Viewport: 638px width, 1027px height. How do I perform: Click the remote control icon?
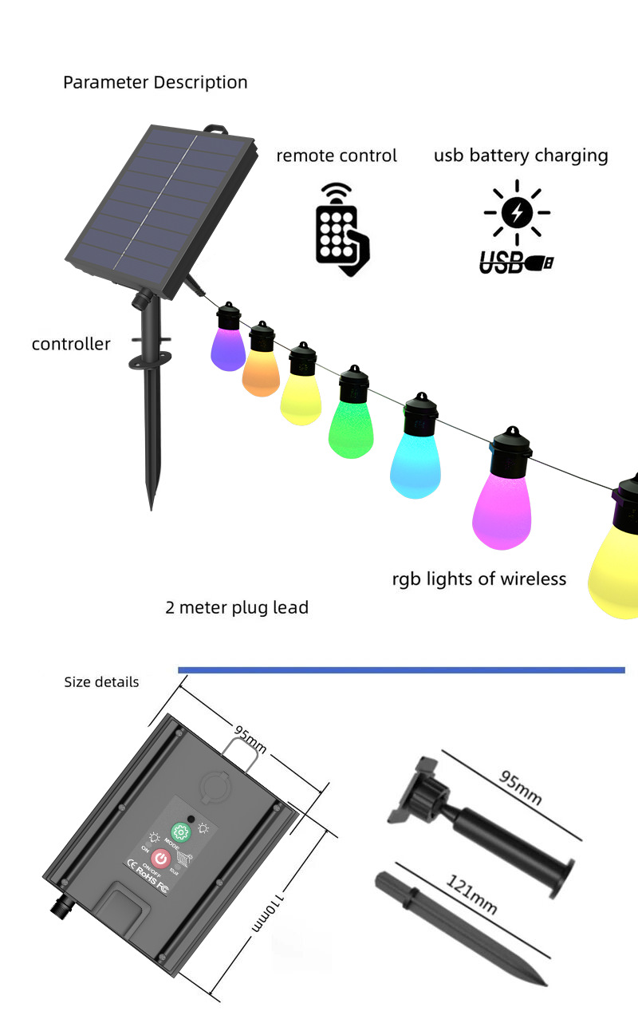click(x=341, y=230)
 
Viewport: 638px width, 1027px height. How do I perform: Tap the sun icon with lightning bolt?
click(x=517, y=212)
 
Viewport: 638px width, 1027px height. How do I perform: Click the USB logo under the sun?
click(x=515, y=262)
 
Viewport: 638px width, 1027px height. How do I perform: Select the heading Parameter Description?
click(x=156, y=82)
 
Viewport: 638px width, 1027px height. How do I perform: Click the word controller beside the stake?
click(x=71, y=344)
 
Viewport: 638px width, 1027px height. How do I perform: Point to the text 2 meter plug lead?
click(x=237, y=607)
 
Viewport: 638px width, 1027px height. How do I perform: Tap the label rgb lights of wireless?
click(x=478, y=579)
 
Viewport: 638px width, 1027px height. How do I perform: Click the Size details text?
click(x=101, y=682)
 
